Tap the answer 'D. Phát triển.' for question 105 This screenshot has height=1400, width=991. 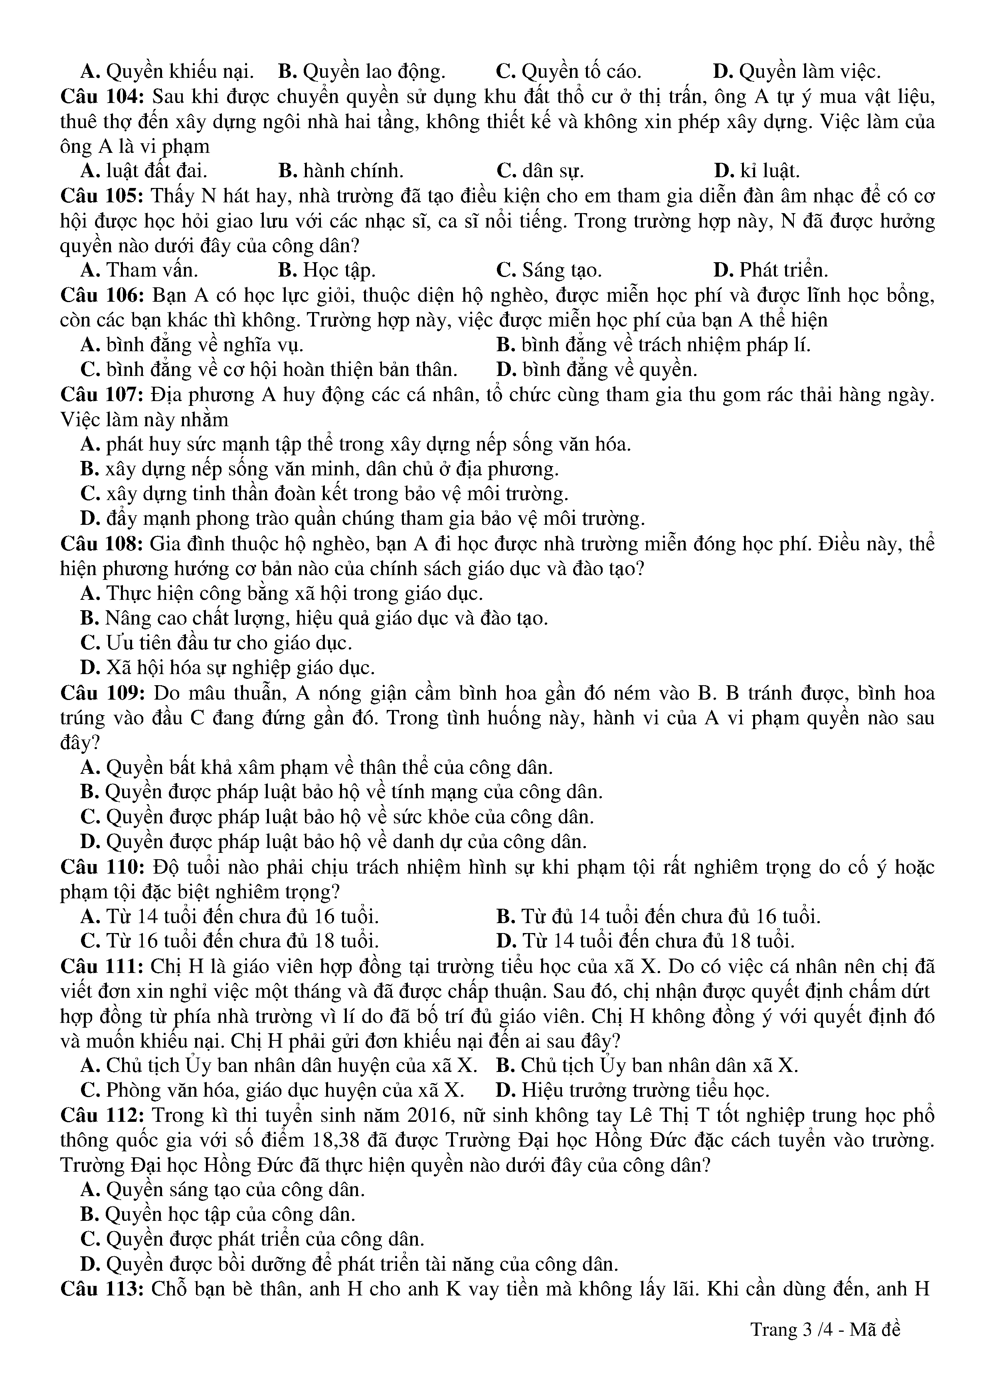pyautogui.click(x=770, y=270)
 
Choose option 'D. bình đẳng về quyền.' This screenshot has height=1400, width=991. pyautogui.click(x=596, y=370)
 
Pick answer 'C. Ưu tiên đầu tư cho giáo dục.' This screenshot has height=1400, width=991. pyautogui.click(x=216, y=643)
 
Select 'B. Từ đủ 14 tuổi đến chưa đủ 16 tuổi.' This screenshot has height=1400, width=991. pyautogui.click(x=658, y=916)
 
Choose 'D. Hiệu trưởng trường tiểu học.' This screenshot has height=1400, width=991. pyautogui.click(x=632, y=1090)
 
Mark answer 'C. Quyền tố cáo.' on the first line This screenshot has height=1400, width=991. pyautogui.click(x=568, y=72)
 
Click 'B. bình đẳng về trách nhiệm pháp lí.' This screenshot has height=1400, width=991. pyautogui.click(x=653, y=345)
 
